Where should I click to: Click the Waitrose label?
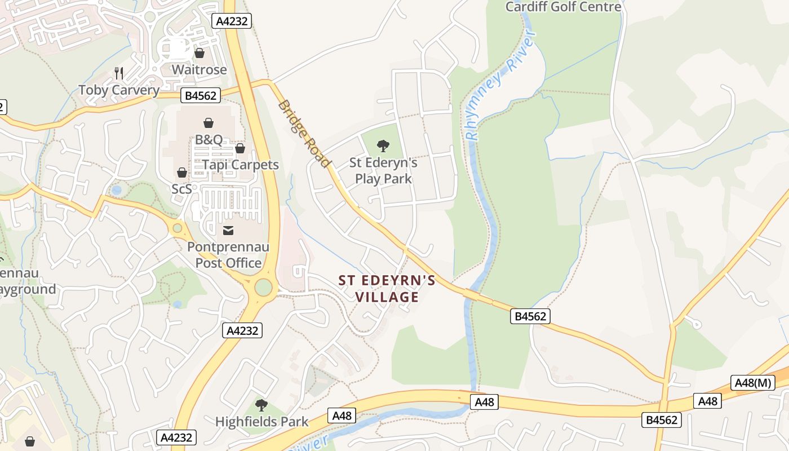[199, 70]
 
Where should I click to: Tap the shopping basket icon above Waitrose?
[199, 53]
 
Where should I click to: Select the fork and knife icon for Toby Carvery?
[118, 73]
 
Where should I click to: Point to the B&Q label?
[209, 139]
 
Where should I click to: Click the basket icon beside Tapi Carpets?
[240, 148]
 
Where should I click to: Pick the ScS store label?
[181, 189]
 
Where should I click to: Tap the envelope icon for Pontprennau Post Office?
[228, 230]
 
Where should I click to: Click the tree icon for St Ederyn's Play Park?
[383, 146]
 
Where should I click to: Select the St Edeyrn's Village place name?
[387, 289]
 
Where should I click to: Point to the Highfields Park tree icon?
[261, 405]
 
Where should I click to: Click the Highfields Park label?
[262, 422]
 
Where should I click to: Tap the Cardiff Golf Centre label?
[563, 7]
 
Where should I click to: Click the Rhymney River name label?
[499, 85]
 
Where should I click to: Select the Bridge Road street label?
[303, 134]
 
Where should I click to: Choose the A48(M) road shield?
[752, 383]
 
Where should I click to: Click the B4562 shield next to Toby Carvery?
[201, 96]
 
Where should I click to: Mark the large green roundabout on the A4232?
[263, 287]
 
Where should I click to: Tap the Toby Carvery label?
[119, 90]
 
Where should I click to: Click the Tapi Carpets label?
[240, 165]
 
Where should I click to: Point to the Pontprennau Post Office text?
[228, 255]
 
